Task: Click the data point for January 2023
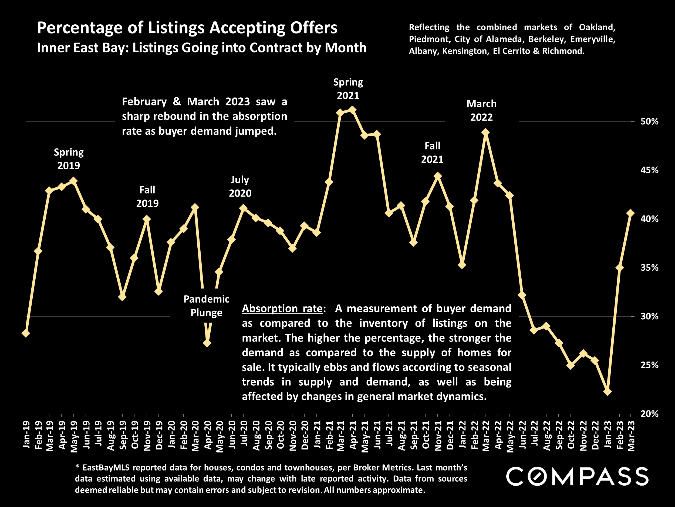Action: [x=607, y=392]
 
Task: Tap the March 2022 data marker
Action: [x=486, y=132]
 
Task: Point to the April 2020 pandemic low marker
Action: [x=207, y=343]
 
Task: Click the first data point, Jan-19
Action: [x=26, y=333]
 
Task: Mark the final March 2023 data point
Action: [x=631, y=213]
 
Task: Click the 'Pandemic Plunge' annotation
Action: [x=206, y=306]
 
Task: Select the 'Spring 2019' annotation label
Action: [x=69, y=159]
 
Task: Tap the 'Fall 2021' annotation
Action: [x=432, y=153]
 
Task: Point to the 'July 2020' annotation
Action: [x=240, y=186]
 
